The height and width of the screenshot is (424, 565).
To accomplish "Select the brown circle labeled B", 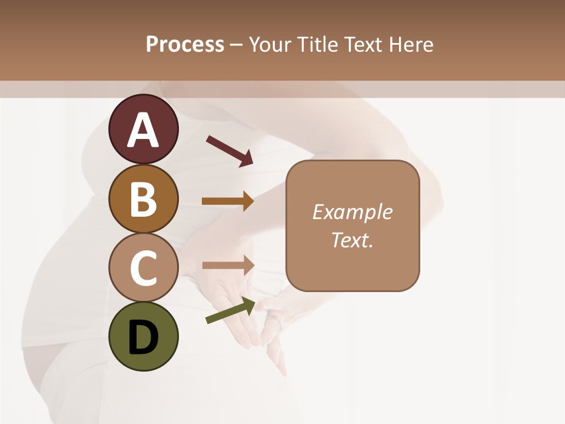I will point(143,199).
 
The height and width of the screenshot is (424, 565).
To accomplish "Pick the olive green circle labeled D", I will point(143,336).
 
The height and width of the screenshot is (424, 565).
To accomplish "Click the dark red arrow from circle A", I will point(230,150).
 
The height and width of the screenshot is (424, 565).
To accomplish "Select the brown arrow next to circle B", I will point(228,201).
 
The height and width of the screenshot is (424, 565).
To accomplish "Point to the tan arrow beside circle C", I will point(228,265).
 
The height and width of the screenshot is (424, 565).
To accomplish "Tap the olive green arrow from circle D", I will point(230,311).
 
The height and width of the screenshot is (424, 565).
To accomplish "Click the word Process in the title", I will point(185,45).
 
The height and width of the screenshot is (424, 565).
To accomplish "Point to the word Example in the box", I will point(352,212).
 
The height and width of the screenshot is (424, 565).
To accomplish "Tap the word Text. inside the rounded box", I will point(352,240).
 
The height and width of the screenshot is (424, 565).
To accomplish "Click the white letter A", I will point(143,130).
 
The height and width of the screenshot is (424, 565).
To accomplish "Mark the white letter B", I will point(143,199).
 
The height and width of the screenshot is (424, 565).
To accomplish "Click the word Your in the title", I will point(270,45).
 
